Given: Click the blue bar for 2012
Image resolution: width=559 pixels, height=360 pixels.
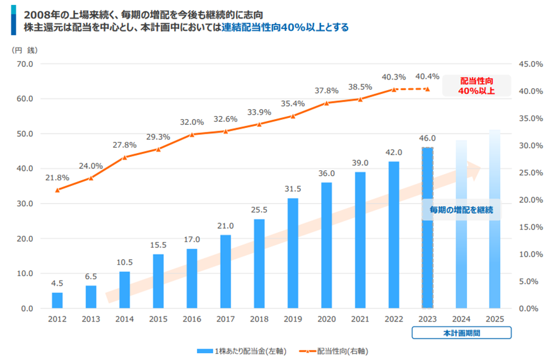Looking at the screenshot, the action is tap(57, 300).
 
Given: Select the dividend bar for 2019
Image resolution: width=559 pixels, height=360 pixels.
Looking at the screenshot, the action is tap(293, 253).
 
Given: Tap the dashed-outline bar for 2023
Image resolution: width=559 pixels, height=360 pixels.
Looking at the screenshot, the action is tap(427, 228).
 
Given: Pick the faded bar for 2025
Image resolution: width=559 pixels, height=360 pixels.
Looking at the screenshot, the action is tap(495, 219).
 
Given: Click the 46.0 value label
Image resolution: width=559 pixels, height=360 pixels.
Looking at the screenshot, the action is tap(427, 138).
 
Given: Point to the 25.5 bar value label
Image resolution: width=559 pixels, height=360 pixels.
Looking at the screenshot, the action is tap(259, 210).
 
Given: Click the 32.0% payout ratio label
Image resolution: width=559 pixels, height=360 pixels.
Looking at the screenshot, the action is tap(192, 122).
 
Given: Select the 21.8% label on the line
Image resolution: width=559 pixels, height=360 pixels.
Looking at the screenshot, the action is tap(57, 178).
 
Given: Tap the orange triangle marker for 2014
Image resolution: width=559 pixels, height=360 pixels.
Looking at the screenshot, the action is tap(124, 157).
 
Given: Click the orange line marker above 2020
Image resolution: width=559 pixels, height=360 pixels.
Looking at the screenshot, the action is tap(327, 103).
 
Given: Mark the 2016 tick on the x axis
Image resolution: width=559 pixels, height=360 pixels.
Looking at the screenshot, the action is tap(192, 319).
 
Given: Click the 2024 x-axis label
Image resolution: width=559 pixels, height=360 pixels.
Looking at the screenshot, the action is tap(461, 319).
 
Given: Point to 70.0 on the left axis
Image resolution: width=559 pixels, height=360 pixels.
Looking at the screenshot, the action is tap(25, 64).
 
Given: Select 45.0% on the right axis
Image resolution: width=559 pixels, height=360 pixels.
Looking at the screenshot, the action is tap(531, 64).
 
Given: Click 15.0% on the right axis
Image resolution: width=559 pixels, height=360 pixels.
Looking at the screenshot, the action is tap(531, 227).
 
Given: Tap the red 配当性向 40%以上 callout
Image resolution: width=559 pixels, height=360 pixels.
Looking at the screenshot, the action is tap(476, 86).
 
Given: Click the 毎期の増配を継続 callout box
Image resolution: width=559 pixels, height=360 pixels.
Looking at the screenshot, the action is tap(461, 210).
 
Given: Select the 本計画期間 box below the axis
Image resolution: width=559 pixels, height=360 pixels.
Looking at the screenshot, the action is tap(462, 333).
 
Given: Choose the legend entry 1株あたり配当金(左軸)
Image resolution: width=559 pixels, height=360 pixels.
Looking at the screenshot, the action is tap(242, 351).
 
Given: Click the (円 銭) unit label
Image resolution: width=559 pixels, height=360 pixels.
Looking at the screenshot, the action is tap(25, 50).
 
